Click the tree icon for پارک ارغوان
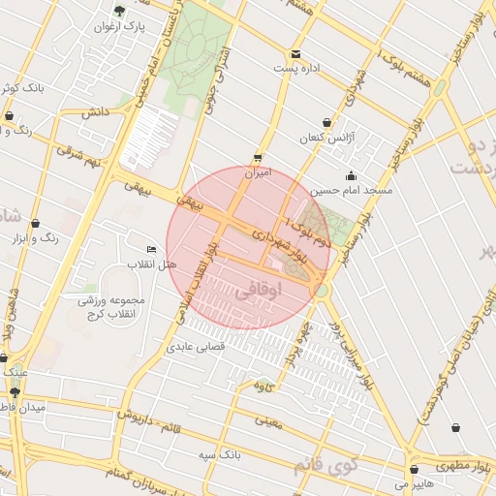tap(119, 12)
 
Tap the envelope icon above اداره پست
tap(295, 53)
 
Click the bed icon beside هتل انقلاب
tap(150, 249)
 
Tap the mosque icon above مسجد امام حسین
tap(350, 175)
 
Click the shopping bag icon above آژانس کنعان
tap(326, 123)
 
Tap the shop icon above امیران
tap(258, 157)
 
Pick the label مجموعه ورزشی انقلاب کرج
tap(110, 307)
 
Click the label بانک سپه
tap(220, 453)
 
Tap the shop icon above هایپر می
tap(415, 469)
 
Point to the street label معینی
tap(269, 420)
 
